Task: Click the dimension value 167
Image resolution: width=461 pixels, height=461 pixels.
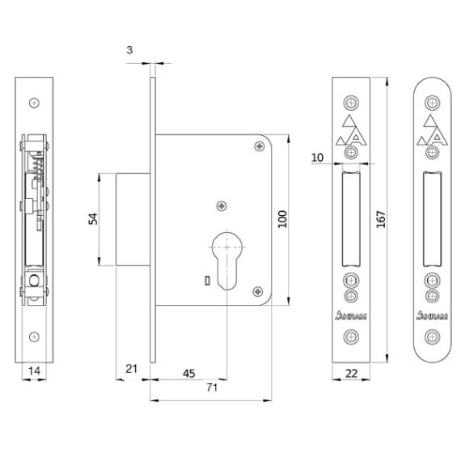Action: point(381,219)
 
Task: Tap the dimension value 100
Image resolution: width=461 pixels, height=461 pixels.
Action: point(282,219)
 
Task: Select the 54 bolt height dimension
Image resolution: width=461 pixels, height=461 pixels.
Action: point(93,219)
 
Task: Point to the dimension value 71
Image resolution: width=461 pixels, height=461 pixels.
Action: point(212,387)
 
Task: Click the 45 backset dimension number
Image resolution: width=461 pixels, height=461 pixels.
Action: point(188,374)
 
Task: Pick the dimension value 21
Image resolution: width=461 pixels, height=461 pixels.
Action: point(131,369)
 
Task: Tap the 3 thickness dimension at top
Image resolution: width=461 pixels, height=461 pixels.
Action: point(129,50)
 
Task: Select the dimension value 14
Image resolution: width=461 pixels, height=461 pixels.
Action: point(34,371)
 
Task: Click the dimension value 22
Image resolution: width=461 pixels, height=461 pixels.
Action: point(351,374)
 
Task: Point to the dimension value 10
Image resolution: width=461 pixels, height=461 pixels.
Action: point(317,158)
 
